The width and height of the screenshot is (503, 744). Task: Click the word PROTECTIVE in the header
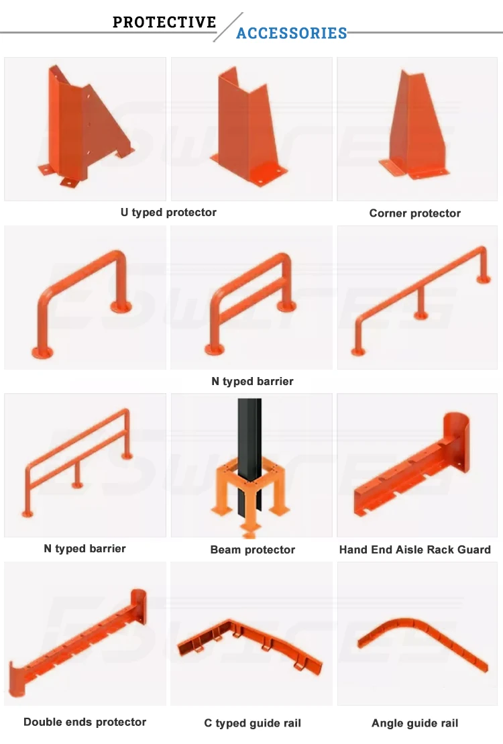pos(164,22)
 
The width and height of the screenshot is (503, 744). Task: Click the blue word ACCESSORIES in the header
pos(292,34)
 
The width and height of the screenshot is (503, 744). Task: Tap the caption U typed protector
pos(168,212)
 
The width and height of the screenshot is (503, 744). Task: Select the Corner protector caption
pos(414,213)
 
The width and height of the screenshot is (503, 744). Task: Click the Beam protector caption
pos(252,549)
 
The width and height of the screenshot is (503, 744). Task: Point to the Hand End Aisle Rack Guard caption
pos(414,549)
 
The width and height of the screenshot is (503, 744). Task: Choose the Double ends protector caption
pos(85,722)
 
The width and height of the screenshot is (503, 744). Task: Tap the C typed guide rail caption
pos(252,723)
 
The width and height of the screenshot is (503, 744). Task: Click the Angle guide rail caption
pos(414,723)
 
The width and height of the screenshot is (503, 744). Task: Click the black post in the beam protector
pos(248,443)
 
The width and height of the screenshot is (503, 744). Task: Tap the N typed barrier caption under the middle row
pos(252,381)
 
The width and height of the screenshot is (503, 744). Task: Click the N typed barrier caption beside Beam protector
pos(85,548)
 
